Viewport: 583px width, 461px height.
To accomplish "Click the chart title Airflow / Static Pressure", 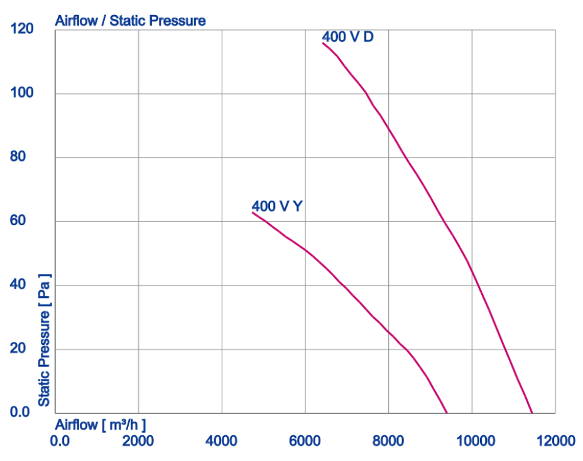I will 130,21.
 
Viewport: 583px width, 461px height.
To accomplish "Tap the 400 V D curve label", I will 347,37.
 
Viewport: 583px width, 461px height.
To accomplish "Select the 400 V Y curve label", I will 277,206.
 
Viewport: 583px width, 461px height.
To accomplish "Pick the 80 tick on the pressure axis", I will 25,157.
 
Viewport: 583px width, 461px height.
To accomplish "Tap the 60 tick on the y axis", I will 25,221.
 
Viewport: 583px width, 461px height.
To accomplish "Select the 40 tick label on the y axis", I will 25,285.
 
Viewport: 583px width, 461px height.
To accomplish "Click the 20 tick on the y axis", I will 25,349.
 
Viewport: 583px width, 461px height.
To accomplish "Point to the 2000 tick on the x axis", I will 138,441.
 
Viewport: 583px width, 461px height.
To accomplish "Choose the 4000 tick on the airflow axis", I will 222,441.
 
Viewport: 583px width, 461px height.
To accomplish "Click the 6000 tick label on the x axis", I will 305,441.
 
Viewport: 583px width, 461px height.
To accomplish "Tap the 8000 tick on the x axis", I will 388,441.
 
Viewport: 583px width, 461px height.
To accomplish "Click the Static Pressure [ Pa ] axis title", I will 44,339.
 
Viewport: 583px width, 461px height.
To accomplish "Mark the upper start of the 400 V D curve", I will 323,43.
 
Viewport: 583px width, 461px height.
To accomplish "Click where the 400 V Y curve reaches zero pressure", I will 447,413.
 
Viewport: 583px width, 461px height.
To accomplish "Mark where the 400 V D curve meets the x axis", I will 532,413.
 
